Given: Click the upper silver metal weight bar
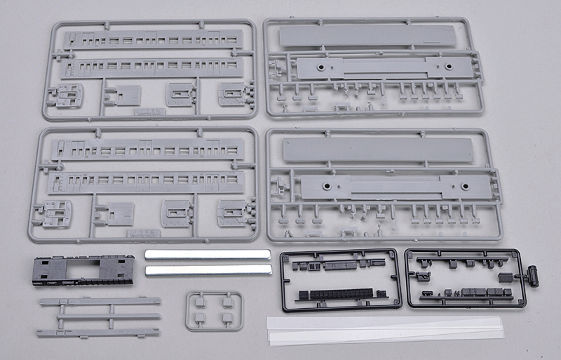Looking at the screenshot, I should click(x=208, y=254).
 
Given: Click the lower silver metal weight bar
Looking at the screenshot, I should click(x=208, y=269).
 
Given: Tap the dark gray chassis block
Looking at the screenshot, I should click(x=83, y=270).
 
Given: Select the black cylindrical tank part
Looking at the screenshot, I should click(x=532, y=275).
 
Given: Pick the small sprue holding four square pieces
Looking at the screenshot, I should click(x=215, y=311).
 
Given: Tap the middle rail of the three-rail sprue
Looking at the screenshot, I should click(x=100, y=316).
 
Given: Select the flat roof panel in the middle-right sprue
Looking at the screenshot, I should click(x=377, y=149).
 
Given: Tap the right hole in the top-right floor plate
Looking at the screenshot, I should click(x=447, y=67).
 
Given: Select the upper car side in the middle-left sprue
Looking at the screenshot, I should click(x=147, y=148).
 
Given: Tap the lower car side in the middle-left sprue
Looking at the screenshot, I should click(x=147, y=181).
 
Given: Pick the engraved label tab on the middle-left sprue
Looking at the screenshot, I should click(x=142, y=232).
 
